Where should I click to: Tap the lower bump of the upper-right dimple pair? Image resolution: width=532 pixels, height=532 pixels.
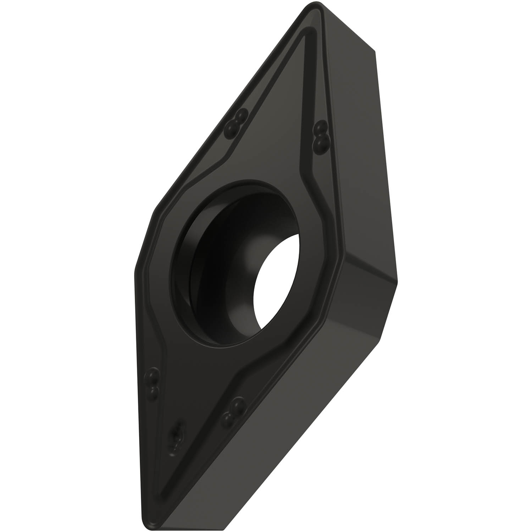(x=321, y=142)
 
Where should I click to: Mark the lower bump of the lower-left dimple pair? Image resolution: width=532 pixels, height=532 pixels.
(x=154, y=390)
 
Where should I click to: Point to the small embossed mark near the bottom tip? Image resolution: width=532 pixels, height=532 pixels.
(x=176, y=436)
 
